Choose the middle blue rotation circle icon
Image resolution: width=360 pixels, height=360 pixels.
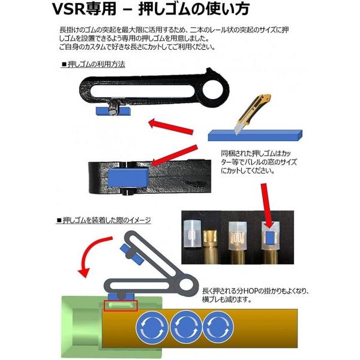[x=184, y=328]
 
